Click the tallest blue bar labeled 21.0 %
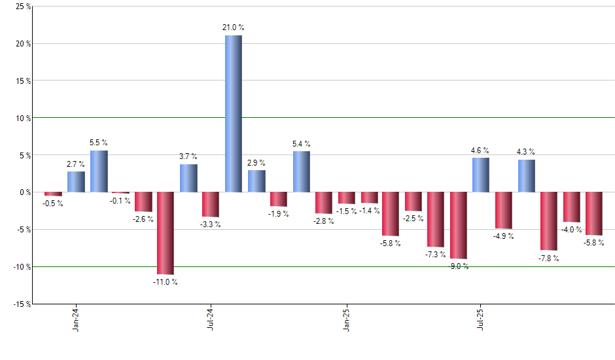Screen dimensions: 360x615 (x=234, y=113)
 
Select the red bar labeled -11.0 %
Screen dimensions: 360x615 (x=166, y=233)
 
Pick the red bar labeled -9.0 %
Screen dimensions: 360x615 (x=459, y=226)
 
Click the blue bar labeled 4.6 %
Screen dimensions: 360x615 (x=481, y=175)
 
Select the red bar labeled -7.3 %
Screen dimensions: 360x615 (x=436, y=219)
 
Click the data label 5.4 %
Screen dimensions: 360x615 (x=302, y=143)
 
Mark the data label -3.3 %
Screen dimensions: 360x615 (x=211, y=225)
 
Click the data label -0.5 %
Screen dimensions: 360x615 (x=52, y=204)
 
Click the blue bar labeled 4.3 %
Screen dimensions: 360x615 (x=526, y=175)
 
